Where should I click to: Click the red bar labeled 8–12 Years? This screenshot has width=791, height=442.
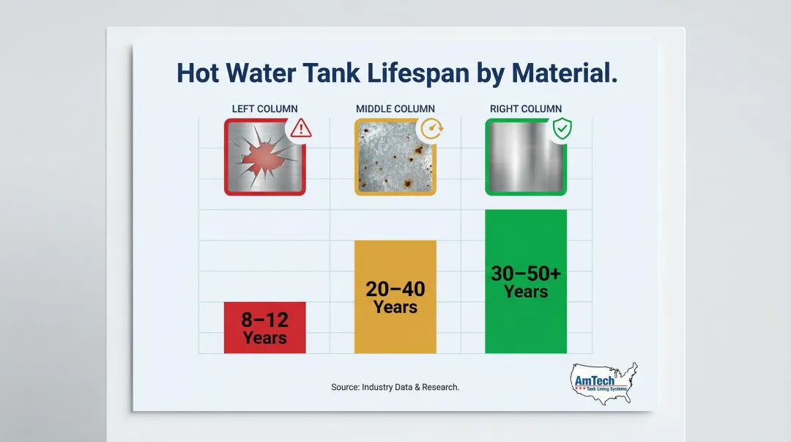(264, 327)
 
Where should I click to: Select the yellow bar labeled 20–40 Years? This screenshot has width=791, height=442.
(395, 297)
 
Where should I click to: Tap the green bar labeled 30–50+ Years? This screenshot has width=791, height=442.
(526, 281)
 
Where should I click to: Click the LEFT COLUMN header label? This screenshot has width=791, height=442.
(264, 109)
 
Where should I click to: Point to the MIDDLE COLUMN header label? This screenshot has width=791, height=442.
(395, 109)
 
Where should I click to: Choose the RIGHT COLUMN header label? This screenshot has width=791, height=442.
(526, 109)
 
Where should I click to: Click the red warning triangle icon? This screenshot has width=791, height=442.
(300, 129)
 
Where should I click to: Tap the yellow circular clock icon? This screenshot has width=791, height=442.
(431, 129)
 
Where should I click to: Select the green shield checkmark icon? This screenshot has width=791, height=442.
(562, 130)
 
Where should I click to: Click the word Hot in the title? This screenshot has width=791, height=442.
(198, 73)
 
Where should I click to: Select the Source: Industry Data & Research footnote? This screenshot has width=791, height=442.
(395, 387)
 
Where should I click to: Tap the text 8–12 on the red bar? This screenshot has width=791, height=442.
(264, 320)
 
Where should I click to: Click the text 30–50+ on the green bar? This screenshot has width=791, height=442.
(526, 273)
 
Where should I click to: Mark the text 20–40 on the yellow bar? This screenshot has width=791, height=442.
(395, 289)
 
